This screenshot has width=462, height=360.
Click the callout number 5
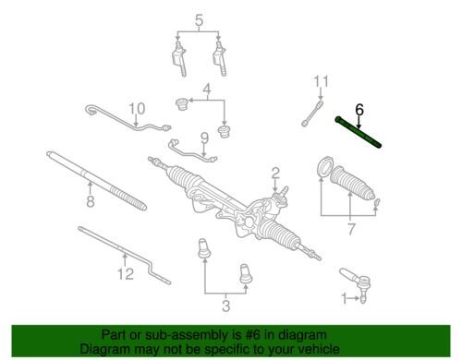[x=199, y=20]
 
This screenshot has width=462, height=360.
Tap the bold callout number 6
[x=359, y=110]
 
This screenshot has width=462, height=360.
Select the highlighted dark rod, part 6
[x=359, y=132]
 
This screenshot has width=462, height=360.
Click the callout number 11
[x=322, y=81]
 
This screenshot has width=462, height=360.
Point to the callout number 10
[x=137, y=109]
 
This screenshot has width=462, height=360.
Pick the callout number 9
[x=204, y=138]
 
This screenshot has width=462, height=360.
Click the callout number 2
[x=275, y=174]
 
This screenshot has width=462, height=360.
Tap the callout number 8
[x=91, y=201]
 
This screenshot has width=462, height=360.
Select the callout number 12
[x=126, y=273]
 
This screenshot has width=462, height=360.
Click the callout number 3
[x=226, y=306]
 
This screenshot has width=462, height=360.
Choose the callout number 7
[x=351, y=229]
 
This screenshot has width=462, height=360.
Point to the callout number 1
[x=344, y=298]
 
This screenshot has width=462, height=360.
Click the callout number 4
[x=207, y=89]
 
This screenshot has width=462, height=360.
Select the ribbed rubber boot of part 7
[x=352, y=183]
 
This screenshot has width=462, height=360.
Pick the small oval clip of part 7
[x=377, y=202]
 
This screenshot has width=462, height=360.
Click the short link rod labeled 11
[x=312, y=114]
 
